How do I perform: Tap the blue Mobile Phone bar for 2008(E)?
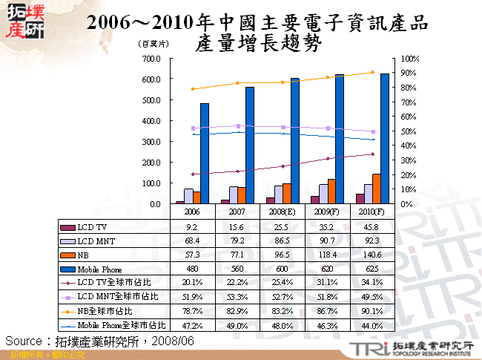click(x=295, y=140)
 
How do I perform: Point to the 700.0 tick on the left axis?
click(x=151, y=58)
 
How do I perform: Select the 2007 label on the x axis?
click(x=238, y=212)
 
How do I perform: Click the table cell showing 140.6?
click(x=372, y=255)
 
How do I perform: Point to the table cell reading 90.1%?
click(x=372, y=311)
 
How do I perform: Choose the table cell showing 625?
click(x=372, y=269)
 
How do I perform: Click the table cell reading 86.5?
click(x=283, y=240)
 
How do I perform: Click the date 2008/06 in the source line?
click(x=173, y=340)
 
